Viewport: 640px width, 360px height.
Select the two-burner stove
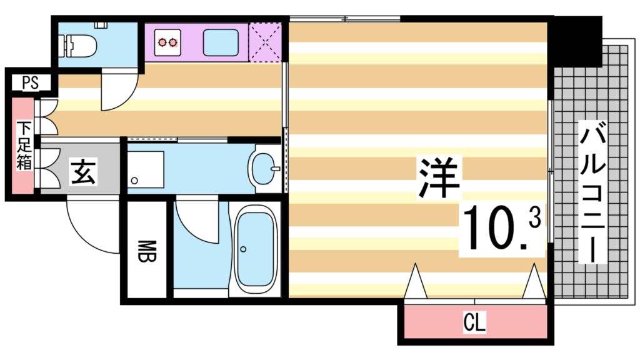coord(167,42)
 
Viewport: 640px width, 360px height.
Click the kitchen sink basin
coord(220,42)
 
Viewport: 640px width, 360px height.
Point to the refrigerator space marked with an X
coord(264,42)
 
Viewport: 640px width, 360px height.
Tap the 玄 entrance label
coord(82,171)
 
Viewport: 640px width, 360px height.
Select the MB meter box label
coord(144,250)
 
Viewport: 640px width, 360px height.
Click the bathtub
coord(254,249)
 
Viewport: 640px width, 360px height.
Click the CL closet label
coord(475,323)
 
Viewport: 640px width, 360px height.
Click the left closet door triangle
coord(415,282)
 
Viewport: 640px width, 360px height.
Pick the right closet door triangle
coord(534,282)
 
